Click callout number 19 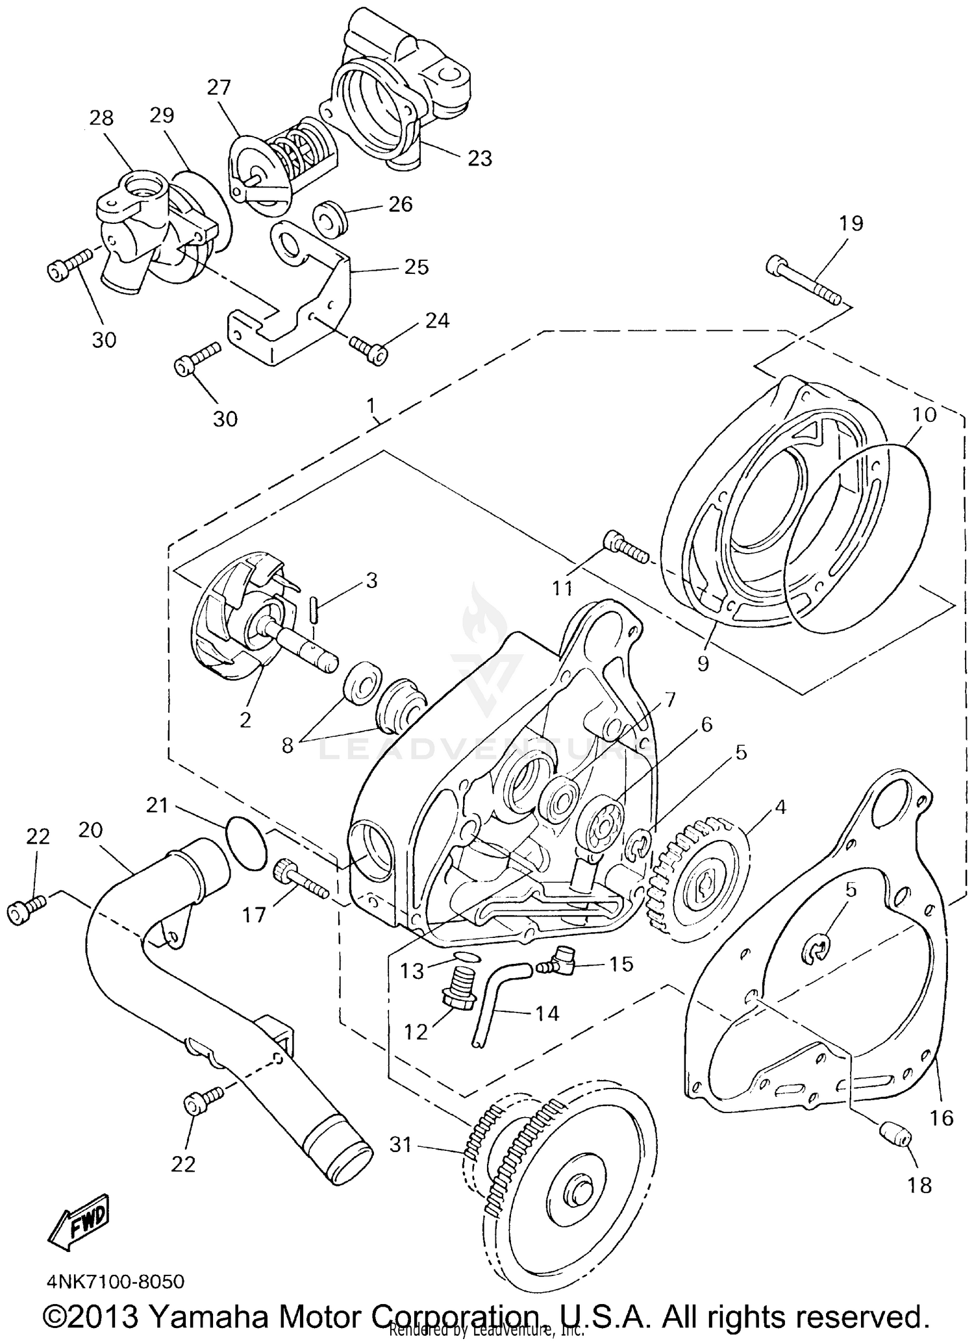click(851, 223)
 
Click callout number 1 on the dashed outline click(371, 406)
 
